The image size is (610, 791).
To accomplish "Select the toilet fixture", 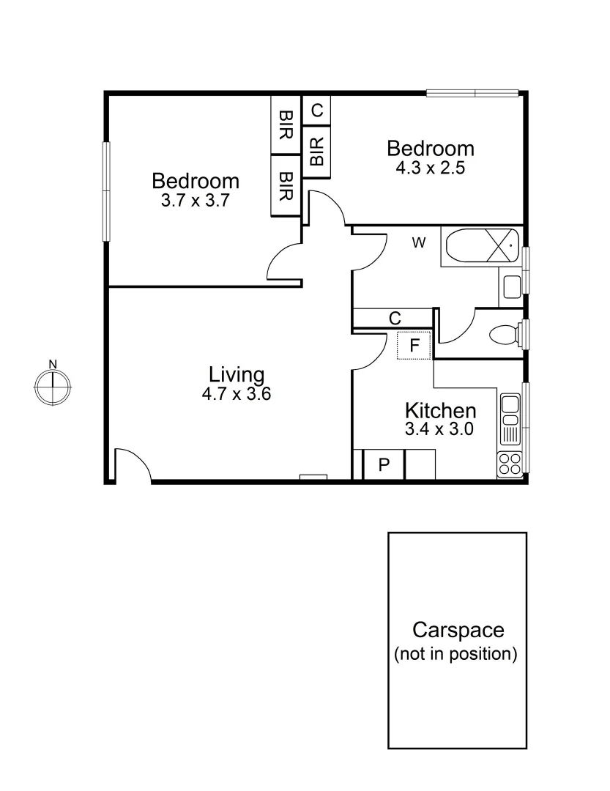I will [504, 335].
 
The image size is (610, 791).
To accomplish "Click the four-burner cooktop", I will [510, 464].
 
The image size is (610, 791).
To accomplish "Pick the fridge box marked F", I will [414, 345].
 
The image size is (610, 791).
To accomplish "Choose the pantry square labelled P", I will [383, 464].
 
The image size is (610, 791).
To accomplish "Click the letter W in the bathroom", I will [419, 243].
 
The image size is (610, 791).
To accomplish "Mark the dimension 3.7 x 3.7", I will [196, 200].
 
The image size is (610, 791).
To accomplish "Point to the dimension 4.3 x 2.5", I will [430, 167].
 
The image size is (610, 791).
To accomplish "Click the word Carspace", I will [458, 630].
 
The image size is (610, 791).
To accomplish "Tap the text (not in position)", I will [455, 654].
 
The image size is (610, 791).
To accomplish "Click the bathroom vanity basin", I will [511, 286].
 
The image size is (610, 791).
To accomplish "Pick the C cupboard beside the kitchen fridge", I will [394, 319].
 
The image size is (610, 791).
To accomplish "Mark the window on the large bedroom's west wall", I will [105, 191].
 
